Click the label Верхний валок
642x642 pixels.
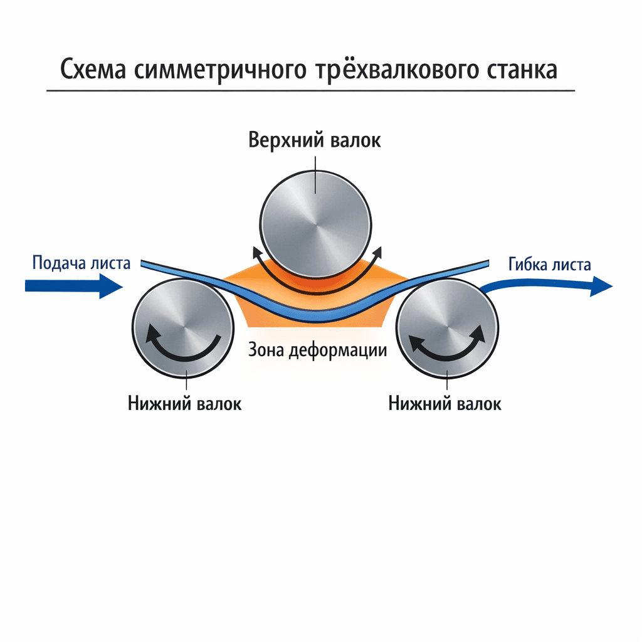click(x=314, y=139)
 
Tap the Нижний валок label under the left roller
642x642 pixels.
click(x=184, y=403)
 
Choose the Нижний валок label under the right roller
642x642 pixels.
click(x=445, y=403)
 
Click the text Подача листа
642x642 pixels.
click(x=81, y=263)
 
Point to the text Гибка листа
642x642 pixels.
click(x=549, y=265)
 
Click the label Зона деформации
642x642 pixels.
click(x=317, y=349)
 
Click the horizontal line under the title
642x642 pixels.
click(x=310, y=92)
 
